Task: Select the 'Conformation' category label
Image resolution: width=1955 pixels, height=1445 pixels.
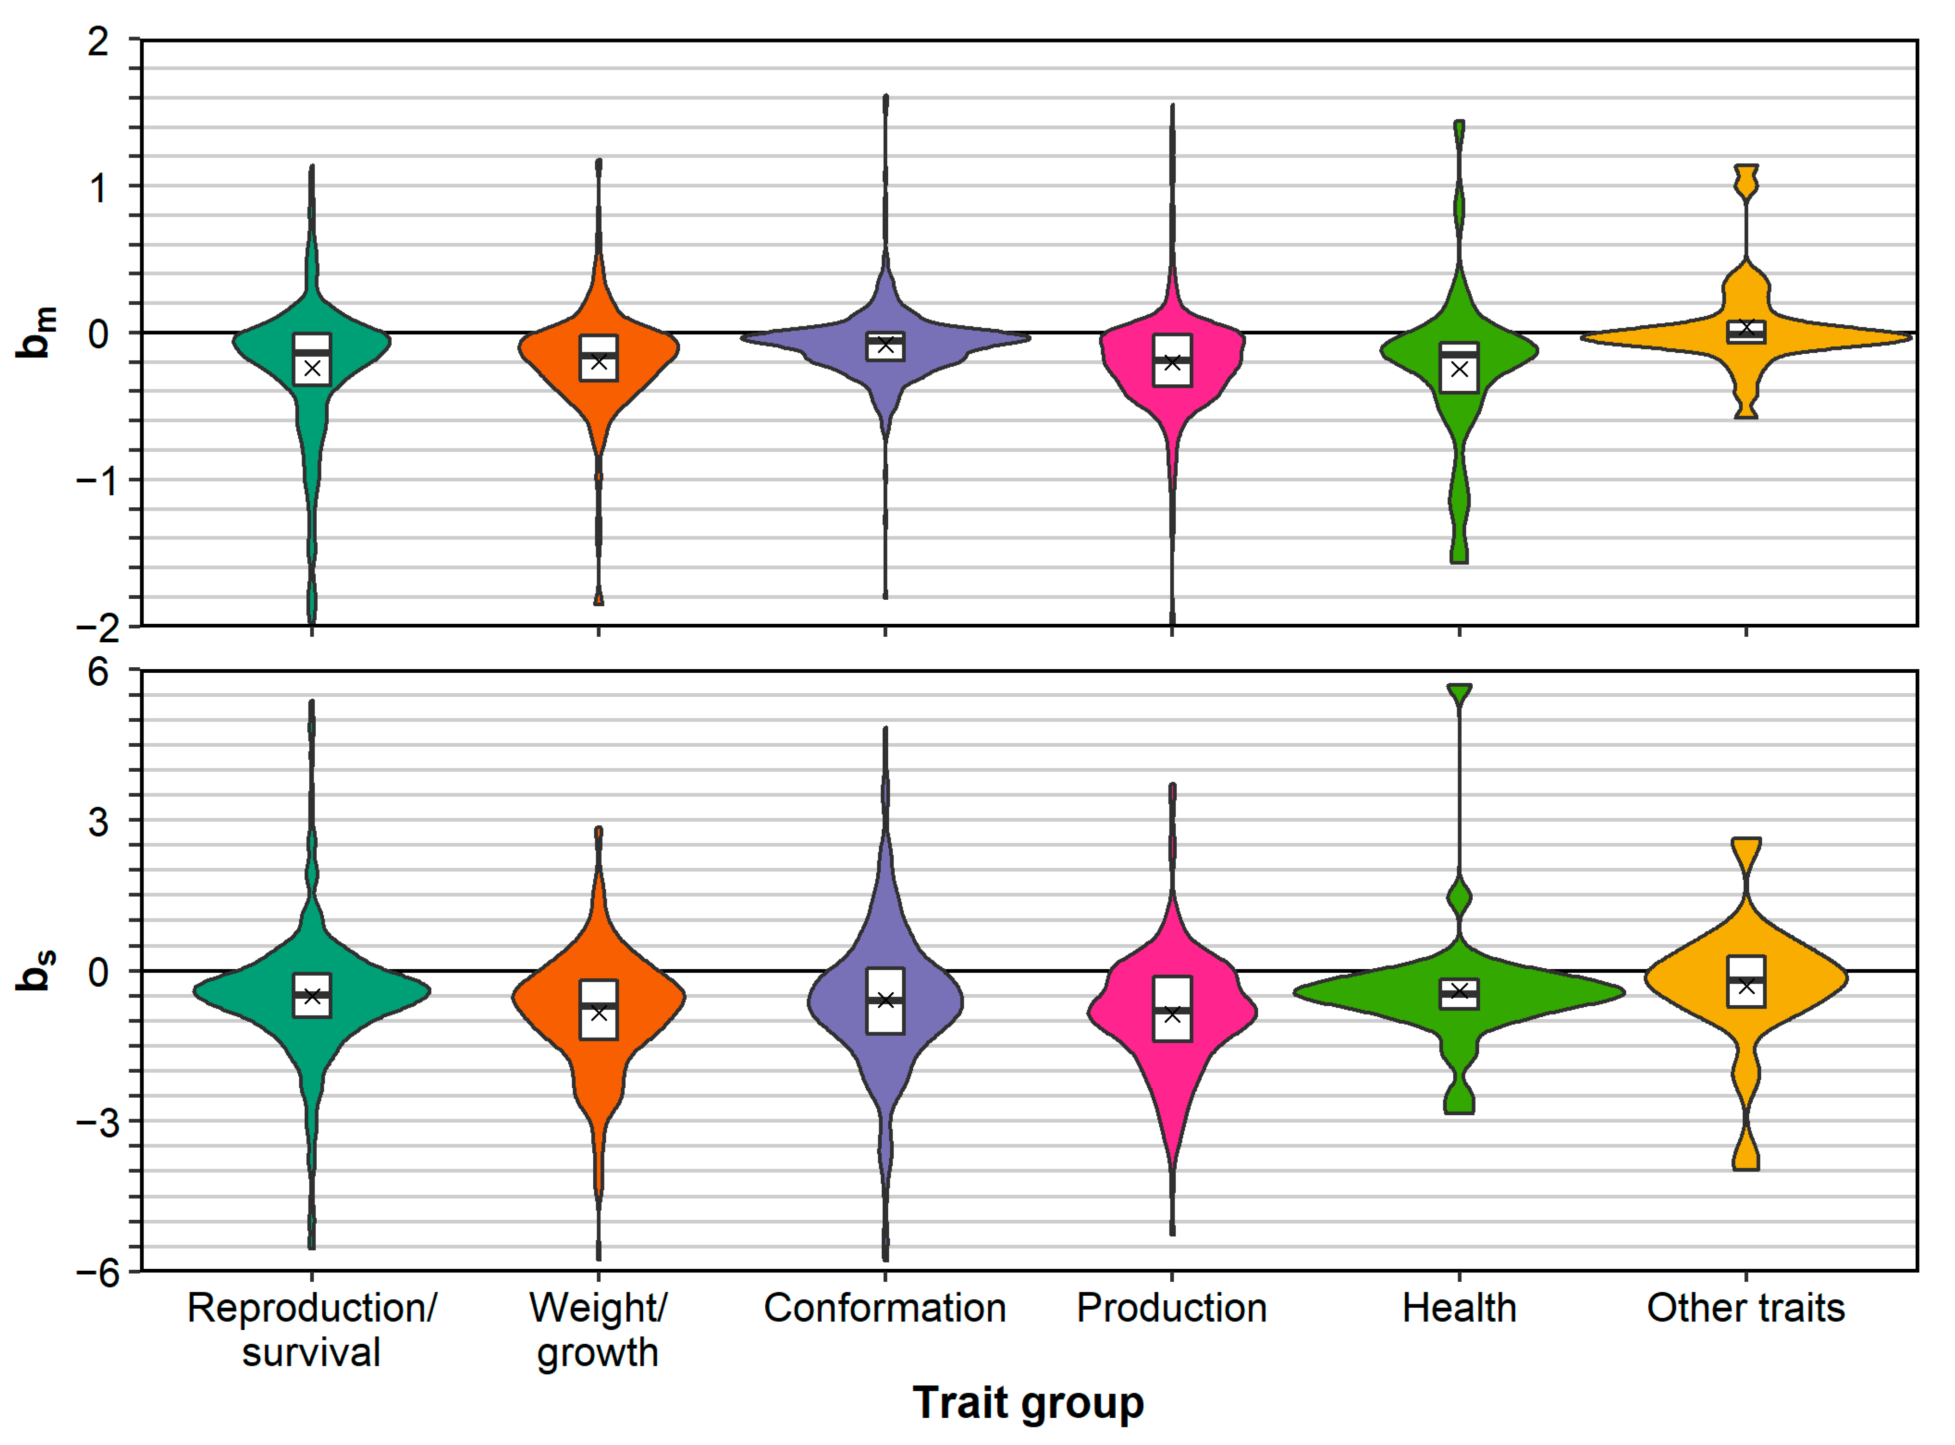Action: click(885, 1309)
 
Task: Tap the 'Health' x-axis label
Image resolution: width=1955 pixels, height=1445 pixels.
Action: click(1459, 1309)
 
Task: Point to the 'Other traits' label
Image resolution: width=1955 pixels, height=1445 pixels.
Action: click(1746, 1309)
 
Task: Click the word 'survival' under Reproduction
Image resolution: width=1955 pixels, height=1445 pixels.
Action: click(311, 1353)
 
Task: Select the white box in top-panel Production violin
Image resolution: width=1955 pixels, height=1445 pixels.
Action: click(1172, 360)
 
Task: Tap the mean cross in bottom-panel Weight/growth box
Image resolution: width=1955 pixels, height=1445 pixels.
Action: click(598, 1013)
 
